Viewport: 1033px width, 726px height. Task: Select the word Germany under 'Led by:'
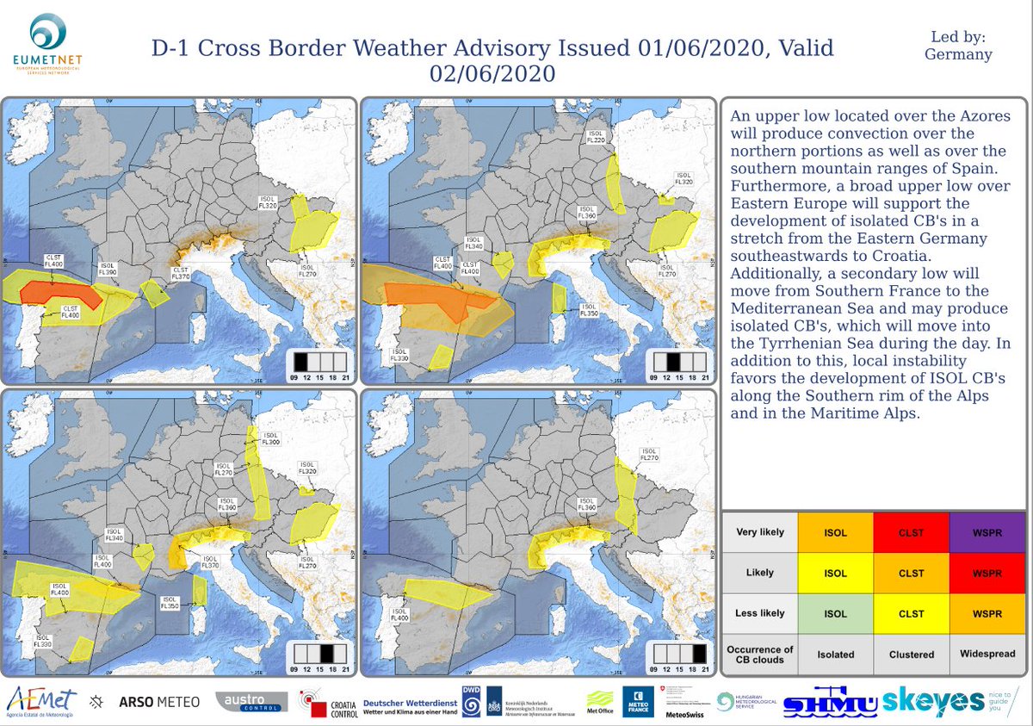(958, 54)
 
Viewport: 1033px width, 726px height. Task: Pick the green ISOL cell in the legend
(835, 613)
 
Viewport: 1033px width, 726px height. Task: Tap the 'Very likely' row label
(760, 532)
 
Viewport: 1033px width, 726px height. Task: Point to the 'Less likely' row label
(760, 613)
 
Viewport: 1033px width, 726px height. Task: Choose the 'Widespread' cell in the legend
(987, 654)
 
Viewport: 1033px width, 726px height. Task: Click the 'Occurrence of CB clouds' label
(760, 654)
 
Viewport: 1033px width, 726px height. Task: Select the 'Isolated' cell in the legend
(835, 654)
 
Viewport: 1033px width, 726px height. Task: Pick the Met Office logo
(600, 702)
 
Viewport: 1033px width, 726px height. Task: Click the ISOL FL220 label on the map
(595, 137)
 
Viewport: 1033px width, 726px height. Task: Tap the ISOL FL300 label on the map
(270, 439)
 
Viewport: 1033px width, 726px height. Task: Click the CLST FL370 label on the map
(181, 272)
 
